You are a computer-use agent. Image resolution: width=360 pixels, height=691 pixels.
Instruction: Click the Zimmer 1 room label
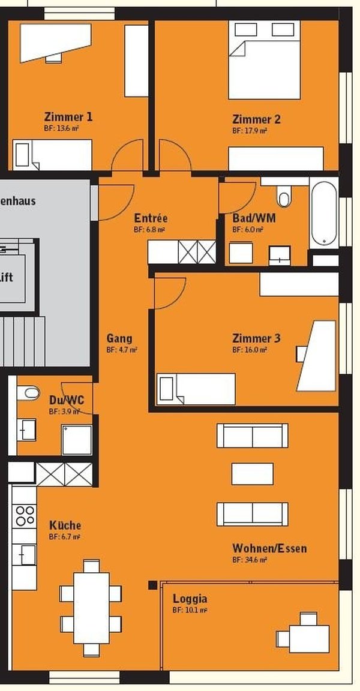coord(68,116)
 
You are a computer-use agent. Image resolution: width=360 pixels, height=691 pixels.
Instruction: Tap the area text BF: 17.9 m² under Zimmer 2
coord(250,130)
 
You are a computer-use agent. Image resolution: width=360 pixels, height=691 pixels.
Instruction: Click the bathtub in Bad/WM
coord(323,214)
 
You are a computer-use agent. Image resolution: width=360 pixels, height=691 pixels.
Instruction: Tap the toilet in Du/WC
coord(28,393)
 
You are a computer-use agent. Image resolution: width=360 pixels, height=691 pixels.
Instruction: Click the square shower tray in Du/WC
coord(77,440)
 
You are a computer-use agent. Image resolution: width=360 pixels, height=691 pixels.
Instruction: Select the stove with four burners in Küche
coord(25,515)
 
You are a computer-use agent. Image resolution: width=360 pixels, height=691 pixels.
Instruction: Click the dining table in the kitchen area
coord(91,607)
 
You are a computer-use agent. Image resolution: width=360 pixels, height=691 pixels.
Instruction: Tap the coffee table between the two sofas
coord(253,473)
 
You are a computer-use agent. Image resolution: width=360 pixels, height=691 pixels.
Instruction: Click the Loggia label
coord(190,599)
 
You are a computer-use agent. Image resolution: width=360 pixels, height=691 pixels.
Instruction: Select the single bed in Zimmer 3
coord(196,389)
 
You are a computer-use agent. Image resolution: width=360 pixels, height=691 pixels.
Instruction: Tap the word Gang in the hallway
coord(119,338)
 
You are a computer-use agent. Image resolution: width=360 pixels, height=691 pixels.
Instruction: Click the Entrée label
coord(151,218)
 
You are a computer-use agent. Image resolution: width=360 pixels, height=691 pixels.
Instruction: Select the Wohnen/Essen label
coord(269,548)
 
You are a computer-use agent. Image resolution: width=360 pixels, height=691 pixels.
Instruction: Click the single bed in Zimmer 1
coord(53,155)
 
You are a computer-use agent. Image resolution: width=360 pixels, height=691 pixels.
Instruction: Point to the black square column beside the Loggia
coord(153,585)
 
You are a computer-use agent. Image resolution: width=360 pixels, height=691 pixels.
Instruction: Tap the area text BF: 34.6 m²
coord(250,560)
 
